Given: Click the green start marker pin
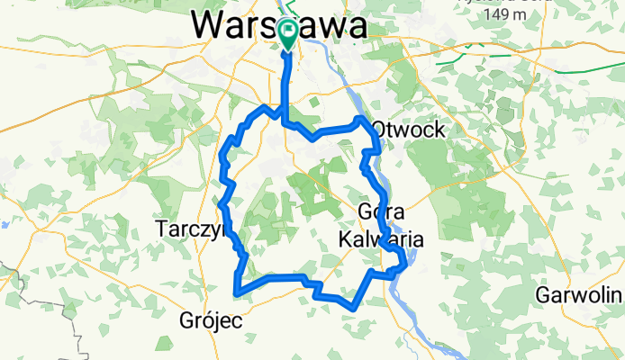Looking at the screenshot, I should click(287, 34).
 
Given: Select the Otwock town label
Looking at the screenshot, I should click(408, 130).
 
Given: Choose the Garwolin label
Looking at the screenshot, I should click(579, 294).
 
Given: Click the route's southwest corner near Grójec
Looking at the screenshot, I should click(236, 292).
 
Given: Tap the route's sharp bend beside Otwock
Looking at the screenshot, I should click(360, 119).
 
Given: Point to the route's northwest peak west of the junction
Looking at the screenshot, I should click(264, 107).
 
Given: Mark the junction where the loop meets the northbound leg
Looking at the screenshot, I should click(285, 121).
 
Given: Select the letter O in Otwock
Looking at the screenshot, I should click(380, 130).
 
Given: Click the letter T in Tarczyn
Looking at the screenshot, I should click(164, 228).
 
